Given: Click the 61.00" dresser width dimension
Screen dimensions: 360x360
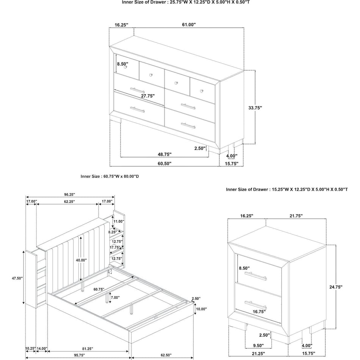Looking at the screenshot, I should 189,25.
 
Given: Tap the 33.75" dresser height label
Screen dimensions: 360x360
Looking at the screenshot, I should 255,108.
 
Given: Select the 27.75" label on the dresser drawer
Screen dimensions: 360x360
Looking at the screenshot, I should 148,96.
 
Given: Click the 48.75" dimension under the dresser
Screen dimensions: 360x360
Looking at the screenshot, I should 164,154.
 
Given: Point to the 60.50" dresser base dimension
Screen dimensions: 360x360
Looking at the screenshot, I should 164,164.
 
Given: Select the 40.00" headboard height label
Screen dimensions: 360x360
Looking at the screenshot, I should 81,260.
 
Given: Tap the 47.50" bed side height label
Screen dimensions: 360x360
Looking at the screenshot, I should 17,278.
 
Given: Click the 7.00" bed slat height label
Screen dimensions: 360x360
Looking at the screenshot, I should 115,298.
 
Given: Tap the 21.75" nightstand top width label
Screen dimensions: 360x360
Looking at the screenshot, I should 296,216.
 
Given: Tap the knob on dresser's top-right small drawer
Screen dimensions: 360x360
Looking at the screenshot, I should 202,91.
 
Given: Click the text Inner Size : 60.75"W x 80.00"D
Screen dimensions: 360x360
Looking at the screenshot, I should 110,176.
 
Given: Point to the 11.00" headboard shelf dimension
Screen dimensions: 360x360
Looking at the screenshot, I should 119,221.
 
